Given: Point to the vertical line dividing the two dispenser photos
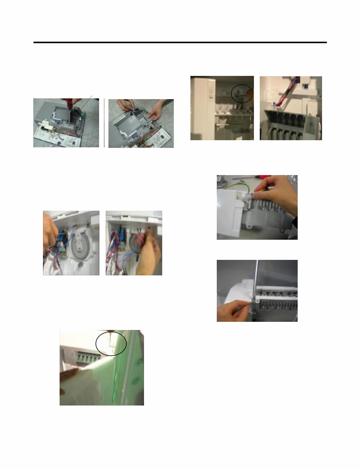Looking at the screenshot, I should (x=104, y=123).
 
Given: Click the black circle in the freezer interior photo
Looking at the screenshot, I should (x=242, y=94).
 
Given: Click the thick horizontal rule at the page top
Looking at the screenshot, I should (x=180, y=42).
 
